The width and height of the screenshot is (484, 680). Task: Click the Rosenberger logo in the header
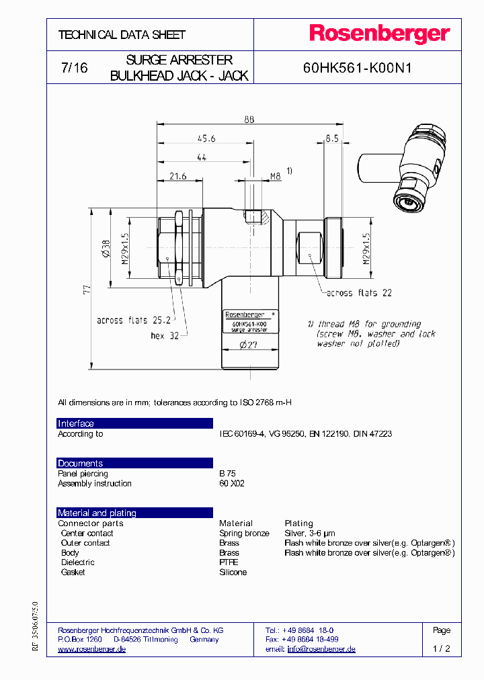(379, 34)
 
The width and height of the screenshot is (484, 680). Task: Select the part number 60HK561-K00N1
(357, 69)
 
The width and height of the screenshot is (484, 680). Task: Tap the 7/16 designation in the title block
(74, 69)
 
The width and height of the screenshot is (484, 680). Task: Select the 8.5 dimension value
(331, 138)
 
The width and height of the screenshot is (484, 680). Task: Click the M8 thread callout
(274, 176)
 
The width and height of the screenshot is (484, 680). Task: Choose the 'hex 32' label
(164, 335)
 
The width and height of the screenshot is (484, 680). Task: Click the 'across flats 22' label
(360, 293)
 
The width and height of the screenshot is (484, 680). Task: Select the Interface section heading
(76, 423)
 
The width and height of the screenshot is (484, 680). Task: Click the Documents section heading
(80, 464)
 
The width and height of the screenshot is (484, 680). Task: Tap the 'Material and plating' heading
(97, 513)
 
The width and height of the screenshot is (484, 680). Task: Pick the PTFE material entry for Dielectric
(229, 562)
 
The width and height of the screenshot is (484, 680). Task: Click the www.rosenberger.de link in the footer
(92, 649)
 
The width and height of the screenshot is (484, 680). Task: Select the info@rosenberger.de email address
(321, 649)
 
